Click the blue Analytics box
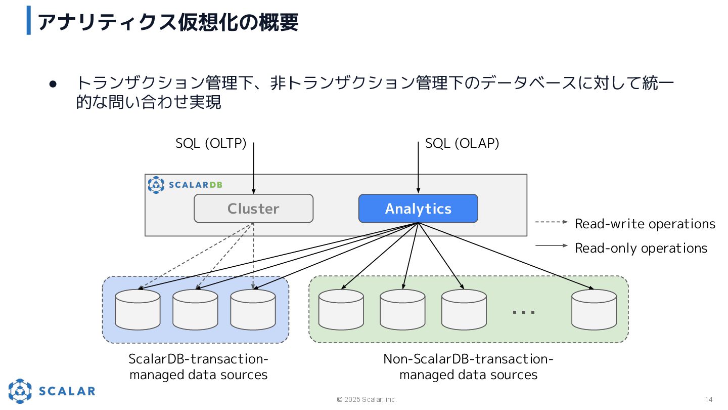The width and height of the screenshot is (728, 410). pos(418,209)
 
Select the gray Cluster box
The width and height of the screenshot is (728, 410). pos(253,209)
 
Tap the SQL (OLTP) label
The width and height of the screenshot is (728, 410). pos(211,144)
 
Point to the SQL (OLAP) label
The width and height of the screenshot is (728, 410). pos(462,144)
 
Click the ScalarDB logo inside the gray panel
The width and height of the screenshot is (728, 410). pos(185,185)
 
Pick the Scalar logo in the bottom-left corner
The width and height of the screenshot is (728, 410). pos(52,391)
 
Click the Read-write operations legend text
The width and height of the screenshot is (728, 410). pos(645,224)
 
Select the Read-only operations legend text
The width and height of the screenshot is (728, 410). pos(641,248)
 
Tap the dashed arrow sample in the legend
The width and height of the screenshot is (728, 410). pos(552,222)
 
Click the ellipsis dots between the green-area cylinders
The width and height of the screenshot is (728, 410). pos(524,312)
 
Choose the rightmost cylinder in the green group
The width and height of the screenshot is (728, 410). pos(594,309)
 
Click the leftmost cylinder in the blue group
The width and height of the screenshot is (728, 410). pos(138,309)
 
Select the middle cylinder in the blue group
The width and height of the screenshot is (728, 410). pos(195,309)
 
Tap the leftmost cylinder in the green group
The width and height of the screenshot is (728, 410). pos(341,309)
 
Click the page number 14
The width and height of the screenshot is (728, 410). pos(709,399)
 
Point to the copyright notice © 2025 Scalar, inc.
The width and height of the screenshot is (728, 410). pos(367,399)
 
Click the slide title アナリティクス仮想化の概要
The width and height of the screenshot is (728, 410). pos(168,22)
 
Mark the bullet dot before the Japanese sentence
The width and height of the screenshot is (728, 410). pos(53,84)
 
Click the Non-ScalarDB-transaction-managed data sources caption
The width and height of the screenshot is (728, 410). pos(468,366)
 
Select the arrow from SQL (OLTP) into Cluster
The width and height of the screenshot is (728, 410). pos(253,168)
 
